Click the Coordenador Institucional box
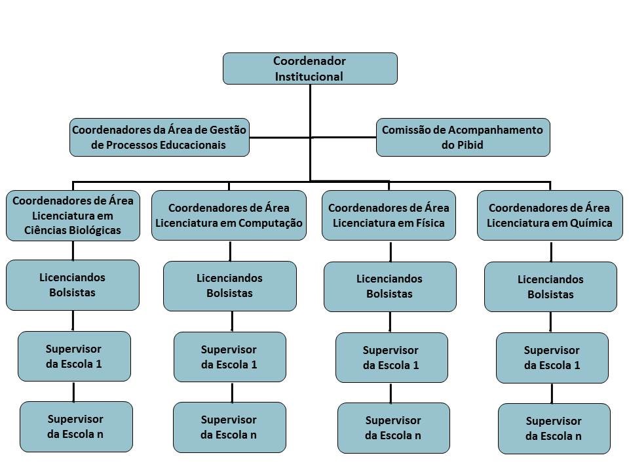[310, 69]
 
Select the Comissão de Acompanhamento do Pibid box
[463, 137]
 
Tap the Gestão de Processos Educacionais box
[159, 137]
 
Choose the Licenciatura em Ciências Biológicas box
[73, 216]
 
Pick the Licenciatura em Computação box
[229, 216]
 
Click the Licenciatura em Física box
[389, 216]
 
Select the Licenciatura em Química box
[550, 216]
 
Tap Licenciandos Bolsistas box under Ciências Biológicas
[73, 285]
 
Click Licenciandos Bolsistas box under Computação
[230, 286]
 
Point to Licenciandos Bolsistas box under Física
[390, 286]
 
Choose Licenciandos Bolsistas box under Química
[550, 286]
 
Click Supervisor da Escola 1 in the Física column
[392, 358]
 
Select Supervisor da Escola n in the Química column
[554, 429]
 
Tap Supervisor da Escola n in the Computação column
[229, 427]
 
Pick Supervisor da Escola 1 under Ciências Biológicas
[74, 357]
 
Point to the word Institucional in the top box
[309, 77]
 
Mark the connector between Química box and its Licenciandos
[551, 252]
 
